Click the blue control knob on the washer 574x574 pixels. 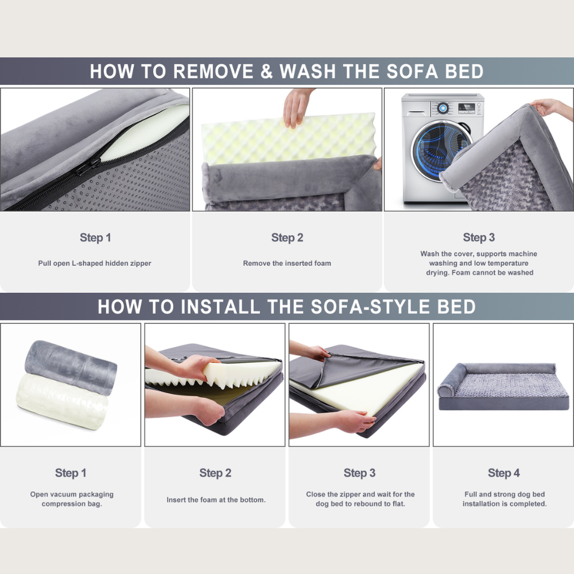443,108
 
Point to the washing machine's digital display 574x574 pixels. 466,108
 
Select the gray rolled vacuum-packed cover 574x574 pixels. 71,367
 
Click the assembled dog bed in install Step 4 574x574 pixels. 503,386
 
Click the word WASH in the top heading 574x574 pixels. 308,71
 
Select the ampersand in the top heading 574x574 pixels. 266,72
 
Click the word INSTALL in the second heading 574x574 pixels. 220,307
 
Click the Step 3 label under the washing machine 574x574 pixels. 479,237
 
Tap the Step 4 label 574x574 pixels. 504,473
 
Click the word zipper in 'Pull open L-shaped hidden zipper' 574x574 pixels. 141,263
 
